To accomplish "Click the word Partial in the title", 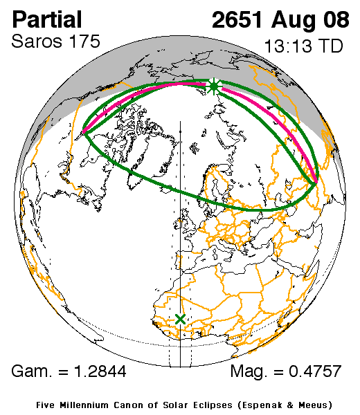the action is click(x=47, y=19).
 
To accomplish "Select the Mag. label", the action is click(x=248, y=371).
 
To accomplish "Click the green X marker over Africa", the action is click(x=181, y=319).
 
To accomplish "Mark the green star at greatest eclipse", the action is click(x=214, y=86).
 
